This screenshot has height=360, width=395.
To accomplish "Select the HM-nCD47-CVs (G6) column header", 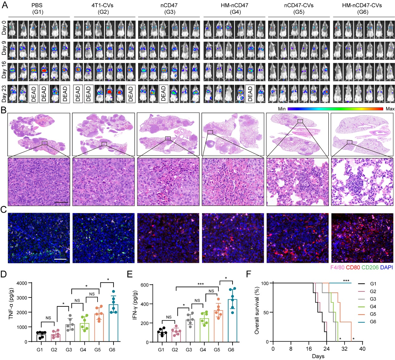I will [363, 9].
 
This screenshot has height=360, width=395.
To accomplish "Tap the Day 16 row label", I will [4, 71].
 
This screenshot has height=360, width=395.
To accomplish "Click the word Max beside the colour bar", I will [390, 109].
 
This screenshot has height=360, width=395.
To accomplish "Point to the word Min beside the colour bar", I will [282, 109].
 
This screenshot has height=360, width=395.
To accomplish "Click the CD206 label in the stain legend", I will [370, 268].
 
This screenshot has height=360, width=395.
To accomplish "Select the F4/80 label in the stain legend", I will [337, 268].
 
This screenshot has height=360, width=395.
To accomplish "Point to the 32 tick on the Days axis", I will [344, 349].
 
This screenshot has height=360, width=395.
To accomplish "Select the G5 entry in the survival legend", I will [373, 314].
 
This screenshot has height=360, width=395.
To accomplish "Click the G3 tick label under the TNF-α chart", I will [69, 350].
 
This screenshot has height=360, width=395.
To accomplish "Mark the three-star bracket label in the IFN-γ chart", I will [200, 284].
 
